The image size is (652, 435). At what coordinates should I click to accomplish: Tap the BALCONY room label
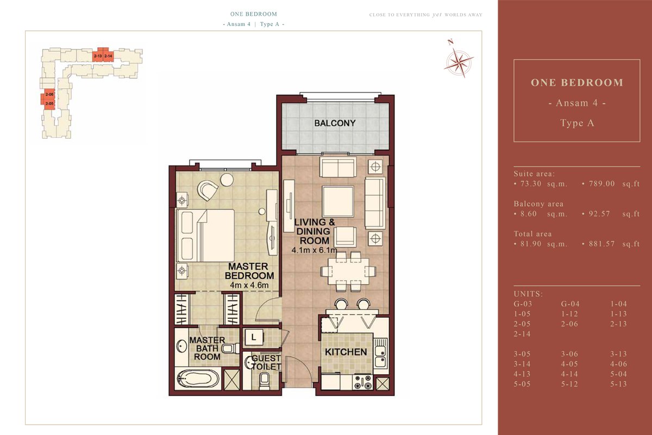(335, 123)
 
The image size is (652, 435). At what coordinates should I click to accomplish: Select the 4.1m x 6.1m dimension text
(314, 251)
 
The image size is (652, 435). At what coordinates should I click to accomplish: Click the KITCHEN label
(346, 352)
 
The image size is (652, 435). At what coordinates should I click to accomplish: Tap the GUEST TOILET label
(266, 362)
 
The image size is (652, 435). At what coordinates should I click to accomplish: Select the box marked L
(254, 338)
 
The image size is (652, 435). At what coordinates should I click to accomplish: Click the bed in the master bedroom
(206, 235)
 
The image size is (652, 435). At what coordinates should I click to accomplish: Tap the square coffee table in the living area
(337, 199)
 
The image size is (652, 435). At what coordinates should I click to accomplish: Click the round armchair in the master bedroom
(208, 189)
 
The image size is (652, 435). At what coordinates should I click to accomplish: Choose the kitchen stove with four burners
(362, 382)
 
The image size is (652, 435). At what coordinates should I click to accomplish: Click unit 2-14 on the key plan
(108, 56)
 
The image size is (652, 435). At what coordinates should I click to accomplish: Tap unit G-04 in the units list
(570, 304)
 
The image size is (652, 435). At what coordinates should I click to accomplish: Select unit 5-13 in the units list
(619, 384)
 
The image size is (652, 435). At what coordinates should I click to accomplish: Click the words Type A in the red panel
(576, 123)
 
